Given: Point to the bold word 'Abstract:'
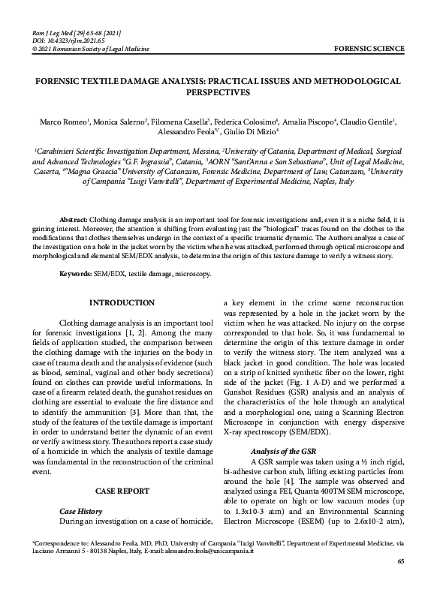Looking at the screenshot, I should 74,218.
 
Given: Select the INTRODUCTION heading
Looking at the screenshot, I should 122,303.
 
